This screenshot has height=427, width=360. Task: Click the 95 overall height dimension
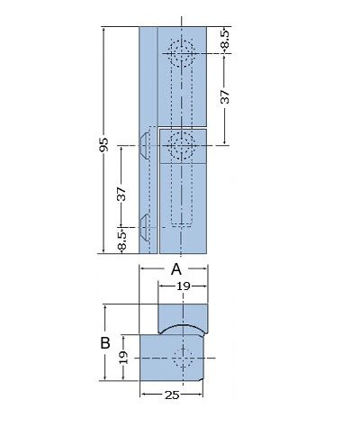103,144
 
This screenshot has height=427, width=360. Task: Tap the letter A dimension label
176,269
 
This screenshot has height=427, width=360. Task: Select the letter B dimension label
105,343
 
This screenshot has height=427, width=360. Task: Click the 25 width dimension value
172,395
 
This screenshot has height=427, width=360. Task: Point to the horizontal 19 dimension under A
184,286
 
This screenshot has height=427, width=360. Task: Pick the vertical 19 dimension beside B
123,358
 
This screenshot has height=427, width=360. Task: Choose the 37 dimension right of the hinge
225,96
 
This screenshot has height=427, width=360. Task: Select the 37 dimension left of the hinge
121,194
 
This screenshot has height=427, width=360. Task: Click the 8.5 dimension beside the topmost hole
225,39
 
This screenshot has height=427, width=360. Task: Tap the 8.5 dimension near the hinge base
121,241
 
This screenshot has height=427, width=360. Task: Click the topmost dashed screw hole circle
182,53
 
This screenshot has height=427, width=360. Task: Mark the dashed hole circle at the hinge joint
182,146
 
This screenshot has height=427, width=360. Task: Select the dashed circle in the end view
183,359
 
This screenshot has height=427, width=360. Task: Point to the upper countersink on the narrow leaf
144,146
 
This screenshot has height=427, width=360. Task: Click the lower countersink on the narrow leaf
144,228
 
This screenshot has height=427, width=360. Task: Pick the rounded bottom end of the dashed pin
182,223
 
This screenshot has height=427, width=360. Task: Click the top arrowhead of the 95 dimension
103,30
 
